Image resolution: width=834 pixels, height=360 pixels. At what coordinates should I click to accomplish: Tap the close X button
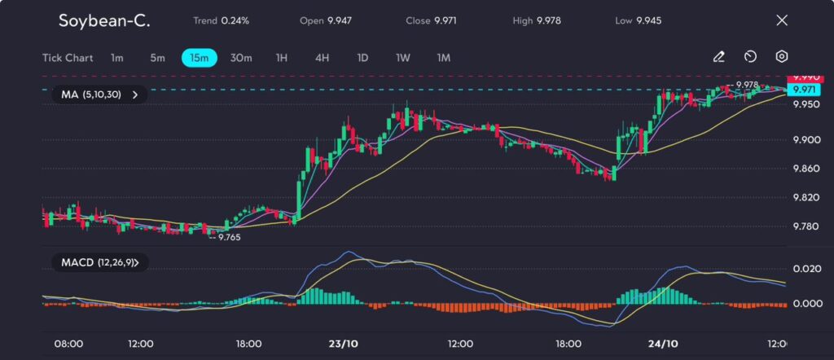[782, 20]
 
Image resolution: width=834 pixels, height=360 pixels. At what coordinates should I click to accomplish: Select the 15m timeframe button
[199, 58]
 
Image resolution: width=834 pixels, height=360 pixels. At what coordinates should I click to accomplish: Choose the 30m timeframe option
[241, 58]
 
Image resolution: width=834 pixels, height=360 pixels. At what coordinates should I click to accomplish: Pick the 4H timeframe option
[322, 58]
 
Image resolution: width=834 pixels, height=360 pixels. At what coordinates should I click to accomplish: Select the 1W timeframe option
[403, 58]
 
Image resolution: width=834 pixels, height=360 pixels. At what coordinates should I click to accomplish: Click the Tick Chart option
[68, 58]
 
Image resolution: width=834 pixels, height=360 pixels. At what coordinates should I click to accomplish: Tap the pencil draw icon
[718, 57]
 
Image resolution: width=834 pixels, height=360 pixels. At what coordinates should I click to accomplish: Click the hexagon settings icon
[782, 57]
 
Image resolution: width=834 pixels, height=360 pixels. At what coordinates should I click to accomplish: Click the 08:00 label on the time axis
[68, 344]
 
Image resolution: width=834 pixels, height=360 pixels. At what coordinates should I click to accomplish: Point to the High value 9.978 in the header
[547, 20]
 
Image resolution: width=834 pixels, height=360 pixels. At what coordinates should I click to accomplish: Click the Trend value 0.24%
[235, 20]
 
